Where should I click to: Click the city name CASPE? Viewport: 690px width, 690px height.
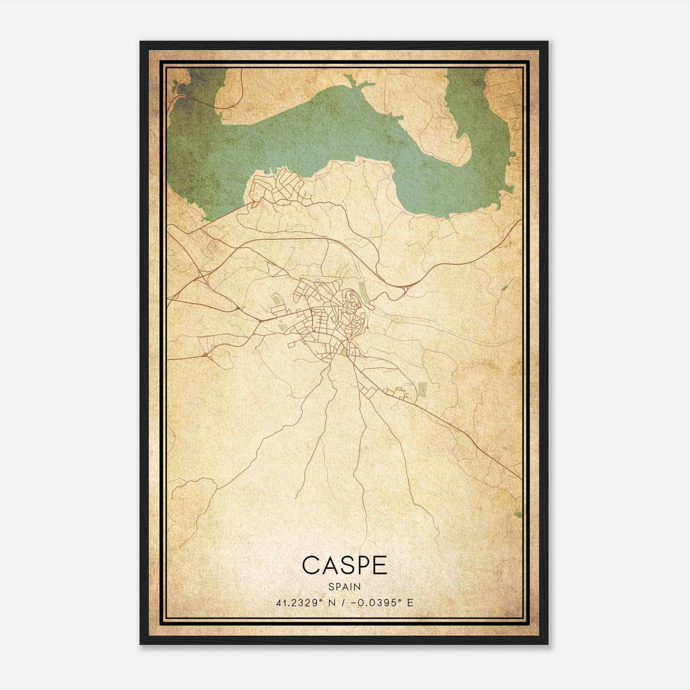(345, 565)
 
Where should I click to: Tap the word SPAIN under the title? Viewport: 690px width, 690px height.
(345, 587)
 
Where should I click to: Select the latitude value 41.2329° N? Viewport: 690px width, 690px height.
(308, 602)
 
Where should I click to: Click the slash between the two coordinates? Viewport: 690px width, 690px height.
(343, 602)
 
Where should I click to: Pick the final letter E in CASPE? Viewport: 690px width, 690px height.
(379, 565)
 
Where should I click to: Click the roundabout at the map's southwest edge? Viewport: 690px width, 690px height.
(206, 355)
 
